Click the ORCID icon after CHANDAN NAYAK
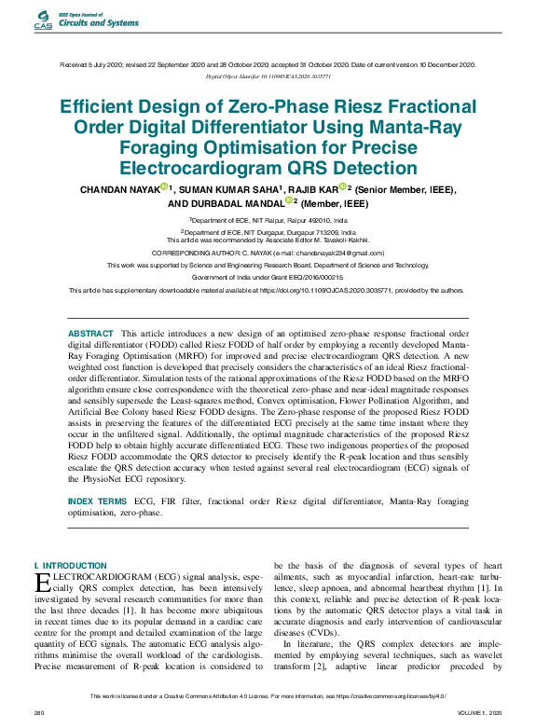[164, 187]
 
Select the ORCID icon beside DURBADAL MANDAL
[289, 200]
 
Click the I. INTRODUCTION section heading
[70, 566]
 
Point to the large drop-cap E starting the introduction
[40, 582]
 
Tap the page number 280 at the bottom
[40, 712]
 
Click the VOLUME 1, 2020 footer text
[480, 712]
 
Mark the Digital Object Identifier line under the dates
[268, 76]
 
